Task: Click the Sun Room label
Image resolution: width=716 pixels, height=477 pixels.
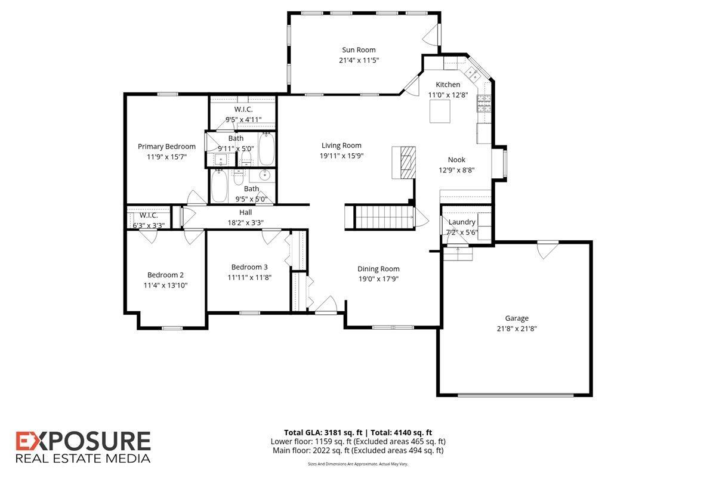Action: coord(359,50)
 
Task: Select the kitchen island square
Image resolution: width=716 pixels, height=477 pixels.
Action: coord(441,111)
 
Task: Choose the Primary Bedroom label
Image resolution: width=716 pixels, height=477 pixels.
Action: coord(166,147)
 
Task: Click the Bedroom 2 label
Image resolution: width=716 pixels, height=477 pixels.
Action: coord(165,275)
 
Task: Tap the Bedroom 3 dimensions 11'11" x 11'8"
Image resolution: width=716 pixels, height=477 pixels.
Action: coord(249,277)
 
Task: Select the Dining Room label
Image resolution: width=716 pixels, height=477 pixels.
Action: coord(378,269)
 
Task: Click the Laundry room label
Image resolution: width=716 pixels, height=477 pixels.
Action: coord(462,222)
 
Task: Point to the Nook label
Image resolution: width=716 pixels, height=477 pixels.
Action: coord(456,160)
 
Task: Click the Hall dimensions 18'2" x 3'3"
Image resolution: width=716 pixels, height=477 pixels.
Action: coord(246,222)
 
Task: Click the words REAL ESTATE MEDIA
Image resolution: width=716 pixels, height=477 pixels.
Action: coord(82,459)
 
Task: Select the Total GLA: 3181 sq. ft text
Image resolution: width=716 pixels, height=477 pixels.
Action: coord(321,432)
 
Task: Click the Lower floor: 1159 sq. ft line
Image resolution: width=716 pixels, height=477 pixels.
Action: coord(358,442)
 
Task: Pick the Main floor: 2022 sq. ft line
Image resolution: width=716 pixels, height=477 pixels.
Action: coord(358,451)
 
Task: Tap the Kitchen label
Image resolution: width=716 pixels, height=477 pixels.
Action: coord(447,85)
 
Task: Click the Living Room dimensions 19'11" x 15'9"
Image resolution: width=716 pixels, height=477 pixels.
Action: coord(341,156)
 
